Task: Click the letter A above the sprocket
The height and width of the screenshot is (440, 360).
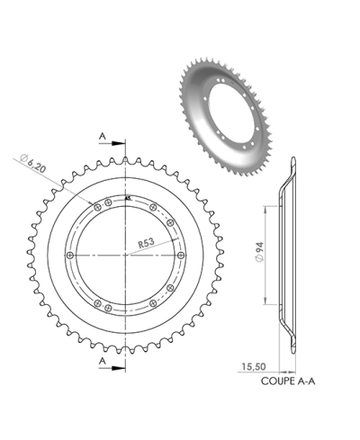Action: (x=103, y=136)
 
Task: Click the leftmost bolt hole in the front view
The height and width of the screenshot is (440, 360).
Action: (x=71, y=256)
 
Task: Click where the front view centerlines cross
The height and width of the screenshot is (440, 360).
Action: (x=127, y=256)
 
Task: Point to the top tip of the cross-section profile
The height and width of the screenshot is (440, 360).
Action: (x=292, y=161)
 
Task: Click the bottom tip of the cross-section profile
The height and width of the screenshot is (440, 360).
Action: (x=292, y=350)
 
